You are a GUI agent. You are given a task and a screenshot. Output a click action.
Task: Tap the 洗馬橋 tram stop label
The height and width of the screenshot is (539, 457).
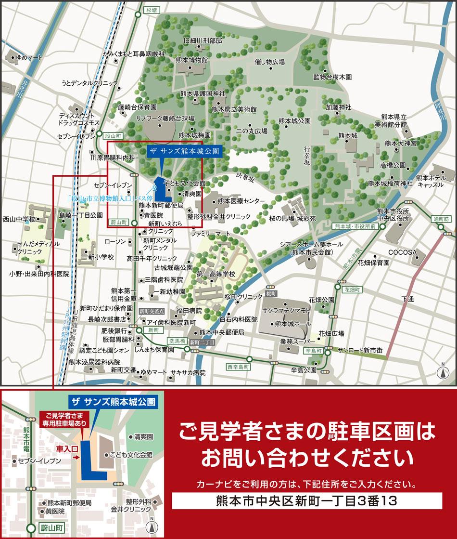(176, 341)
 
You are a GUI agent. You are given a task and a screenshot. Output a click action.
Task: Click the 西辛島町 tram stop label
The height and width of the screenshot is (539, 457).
(239, 367)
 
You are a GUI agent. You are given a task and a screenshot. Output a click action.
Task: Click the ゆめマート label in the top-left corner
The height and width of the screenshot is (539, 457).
(29, 57)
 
